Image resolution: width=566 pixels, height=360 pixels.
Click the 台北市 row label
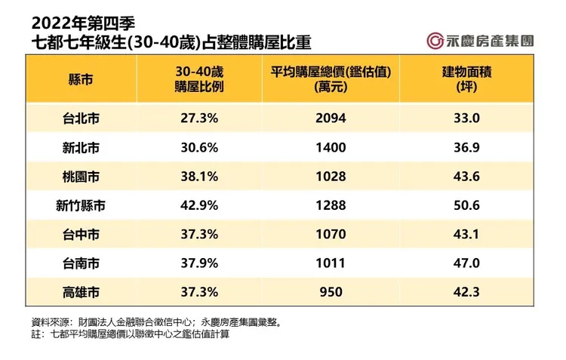[x=82, y=118]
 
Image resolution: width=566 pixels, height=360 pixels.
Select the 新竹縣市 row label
[x=82, y=205]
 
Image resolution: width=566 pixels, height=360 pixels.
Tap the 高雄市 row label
[x=82, y=291]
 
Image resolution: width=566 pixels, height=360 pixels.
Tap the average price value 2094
[x=331, y=118]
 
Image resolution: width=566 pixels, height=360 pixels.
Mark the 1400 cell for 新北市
[x=331, y=147]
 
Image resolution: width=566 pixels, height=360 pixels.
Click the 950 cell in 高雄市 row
[x=331, y=291]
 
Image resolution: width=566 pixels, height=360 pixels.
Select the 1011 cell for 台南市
[x=331, y=263]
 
